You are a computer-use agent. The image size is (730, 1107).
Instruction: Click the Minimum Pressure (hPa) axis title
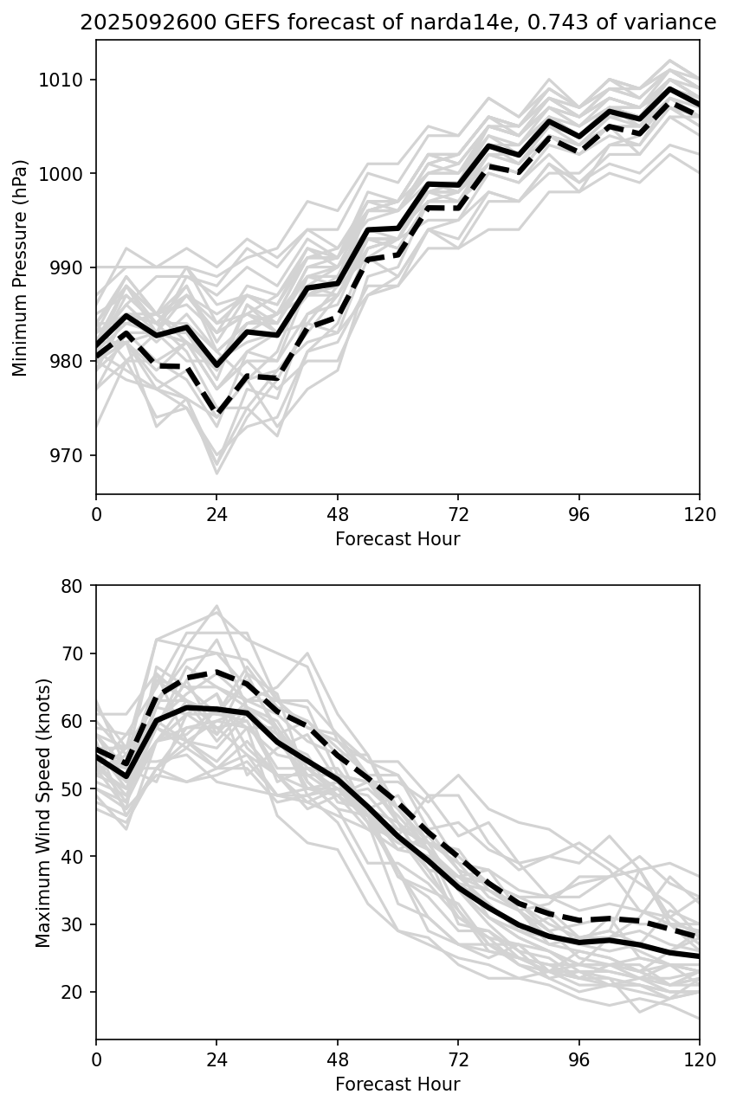pyautogui.click(x=21, y=267)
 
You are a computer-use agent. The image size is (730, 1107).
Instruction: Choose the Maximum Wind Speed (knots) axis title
pyautogui.click(x=43, y=812)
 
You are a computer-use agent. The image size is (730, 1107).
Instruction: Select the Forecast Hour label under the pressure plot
pyautogui.click(x=397, y=539)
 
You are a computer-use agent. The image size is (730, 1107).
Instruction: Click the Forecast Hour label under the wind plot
pyautogui.click(x=397, y=1084)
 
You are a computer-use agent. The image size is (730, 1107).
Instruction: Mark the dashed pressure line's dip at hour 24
pyautogui.click(x=216, y=412)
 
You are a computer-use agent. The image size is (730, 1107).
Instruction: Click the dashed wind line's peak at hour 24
pyautogui.click(x=216, y=671)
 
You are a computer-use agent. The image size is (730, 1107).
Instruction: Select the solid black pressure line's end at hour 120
pyautogui.click(x=698, y=105)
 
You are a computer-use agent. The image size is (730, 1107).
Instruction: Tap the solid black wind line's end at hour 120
pyautogui.click(x=698, y=956)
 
